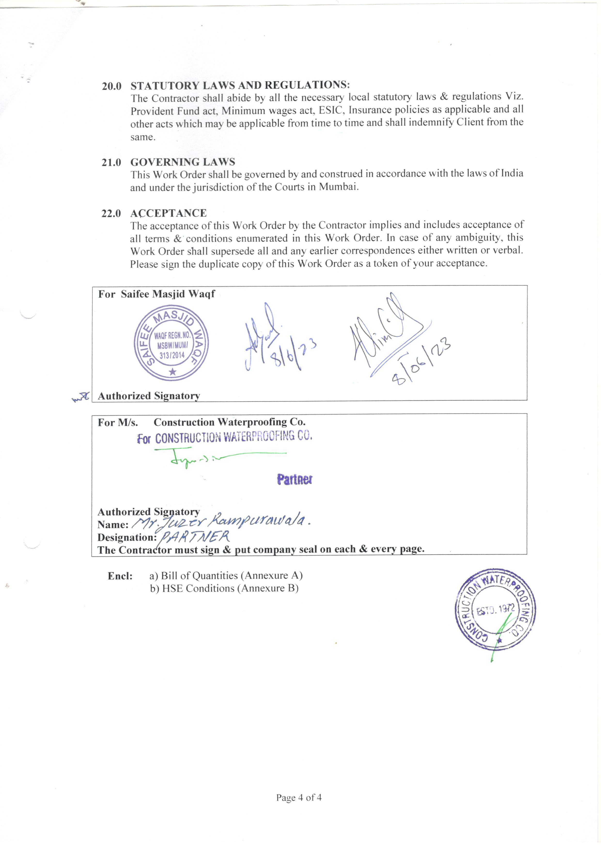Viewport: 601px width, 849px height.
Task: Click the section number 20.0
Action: (x=111, y=86)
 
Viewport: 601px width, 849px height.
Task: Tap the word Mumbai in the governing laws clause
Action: (x=338, y=187)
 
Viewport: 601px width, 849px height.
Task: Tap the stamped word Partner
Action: (x=295, y=480)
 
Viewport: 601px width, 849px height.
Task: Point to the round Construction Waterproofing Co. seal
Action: (x=495, y=610)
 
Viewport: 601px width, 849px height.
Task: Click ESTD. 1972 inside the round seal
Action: (x=495, y=610)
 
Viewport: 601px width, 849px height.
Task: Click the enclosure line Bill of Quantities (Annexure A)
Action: (x=226, y=576)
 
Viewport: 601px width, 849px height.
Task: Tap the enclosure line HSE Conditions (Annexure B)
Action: (x=224, y=588)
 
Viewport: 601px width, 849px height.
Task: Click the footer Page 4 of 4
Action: (x=299, y=798)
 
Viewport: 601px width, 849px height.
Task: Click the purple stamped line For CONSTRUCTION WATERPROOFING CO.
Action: (x=225, y=438)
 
